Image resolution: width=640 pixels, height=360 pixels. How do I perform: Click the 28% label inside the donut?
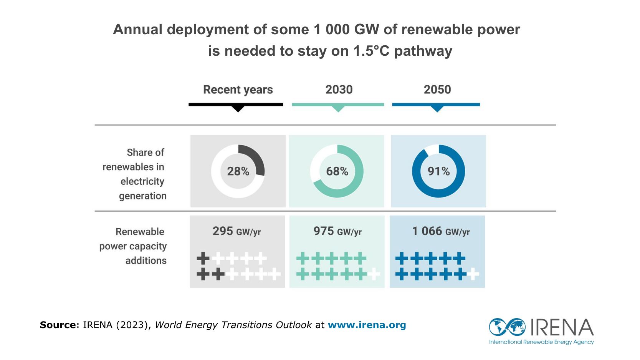(238, 171)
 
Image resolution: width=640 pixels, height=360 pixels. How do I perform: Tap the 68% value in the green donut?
(337, 171)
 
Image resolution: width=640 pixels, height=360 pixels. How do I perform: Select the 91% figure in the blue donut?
(438, 171)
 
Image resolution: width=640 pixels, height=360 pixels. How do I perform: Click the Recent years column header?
(238, 90)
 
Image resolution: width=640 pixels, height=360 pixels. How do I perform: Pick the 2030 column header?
(339, 90)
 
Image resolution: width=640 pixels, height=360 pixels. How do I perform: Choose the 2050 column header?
(437, 90)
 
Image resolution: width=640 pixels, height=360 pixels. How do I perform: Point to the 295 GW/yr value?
(236, 231)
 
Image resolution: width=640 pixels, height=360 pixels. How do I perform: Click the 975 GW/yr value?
(337, 231)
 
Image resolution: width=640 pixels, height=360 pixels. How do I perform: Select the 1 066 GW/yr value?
(441, 231)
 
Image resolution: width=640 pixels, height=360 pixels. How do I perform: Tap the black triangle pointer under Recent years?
(238, 109)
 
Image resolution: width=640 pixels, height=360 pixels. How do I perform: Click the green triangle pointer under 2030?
(338, 109)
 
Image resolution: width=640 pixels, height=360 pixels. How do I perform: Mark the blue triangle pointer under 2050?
(437, 109)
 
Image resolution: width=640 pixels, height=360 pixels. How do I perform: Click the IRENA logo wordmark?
(562, 327)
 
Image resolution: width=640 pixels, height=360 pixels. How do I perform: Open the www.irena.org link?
(367, 325)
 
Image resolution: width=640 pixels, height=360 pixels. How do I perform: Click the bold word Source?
(59, 325)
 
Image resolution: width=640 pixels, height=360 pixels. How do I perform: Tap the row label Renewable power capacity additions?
(134, 246)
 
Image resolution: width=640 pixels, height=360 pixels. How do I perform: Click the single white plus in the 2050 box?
(473, 274)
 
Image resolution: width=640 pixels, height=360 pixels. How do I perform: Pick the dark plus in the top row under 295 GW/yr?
(203, 258)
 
